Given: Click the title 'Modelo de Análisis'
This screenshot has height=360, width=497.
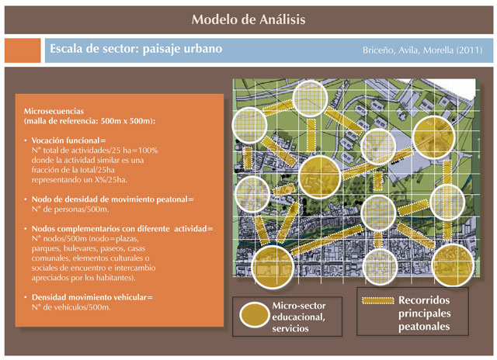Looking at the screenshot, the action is tap(248, 19).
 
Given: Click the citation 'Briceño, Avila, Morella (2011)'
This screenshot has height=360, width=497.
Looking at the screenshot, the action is tap(422, 50).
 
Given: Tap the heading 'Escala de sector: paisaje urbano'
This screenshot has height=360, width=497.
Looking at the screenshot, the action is tap(136, 49).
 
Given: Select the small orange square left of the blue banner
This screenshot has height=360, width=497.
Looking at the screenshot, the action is tap(23, 50).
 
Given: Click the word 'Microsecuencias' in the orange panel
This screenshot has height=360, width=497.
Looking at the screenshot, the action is tap(54, 111).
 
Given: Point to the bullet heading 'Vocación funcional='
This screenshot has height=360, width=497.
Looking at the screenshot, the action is tap(69, 140).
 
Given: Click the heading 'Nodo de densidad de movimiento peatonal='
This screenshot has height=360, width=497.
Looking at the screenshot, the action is tap(113, 199).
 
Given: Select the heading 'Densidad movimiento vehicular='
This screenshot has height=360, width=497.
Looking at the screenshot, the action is tap(92, 297).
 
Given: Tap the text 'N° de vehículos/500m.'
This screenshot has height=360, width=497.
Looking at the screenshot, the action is tap(71, 307).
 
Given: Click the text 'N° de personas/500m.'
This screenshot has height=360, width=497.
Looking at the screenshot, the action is tap(71, 209).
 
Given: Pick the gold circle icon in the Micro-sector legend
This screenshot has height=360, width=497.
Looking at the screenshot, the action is tap(254, 315).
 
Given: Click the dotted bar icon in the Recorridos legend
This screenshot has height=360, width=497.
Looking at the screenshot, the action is tap(378, 300).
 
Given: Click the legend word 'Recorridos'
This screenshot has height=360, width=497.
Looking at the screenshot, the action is tap(424, 300).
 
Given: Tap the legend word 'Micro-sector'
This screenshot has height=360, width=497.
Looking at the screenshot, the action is tap(299, 306).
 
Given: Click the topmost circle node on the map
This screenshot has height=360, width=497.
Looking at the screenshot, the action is tap(310, 98).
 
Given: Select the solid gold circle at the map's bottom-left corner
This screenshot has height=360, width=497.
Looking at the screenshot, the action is tap(273, 267).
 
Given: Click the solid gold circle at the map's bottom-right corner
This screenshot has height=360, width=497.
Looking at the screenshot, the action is tap(453, 265).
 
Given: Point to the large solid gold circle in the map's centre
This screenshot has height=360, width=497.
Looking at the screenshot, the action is tap(319, 177).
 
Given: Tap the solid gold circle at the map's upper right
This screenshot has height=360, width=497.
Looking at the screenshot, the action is tap(433, 137).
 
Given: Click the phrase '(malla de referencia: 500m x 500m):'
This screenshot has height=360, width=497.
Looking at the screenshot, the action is tap(90, 121).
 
